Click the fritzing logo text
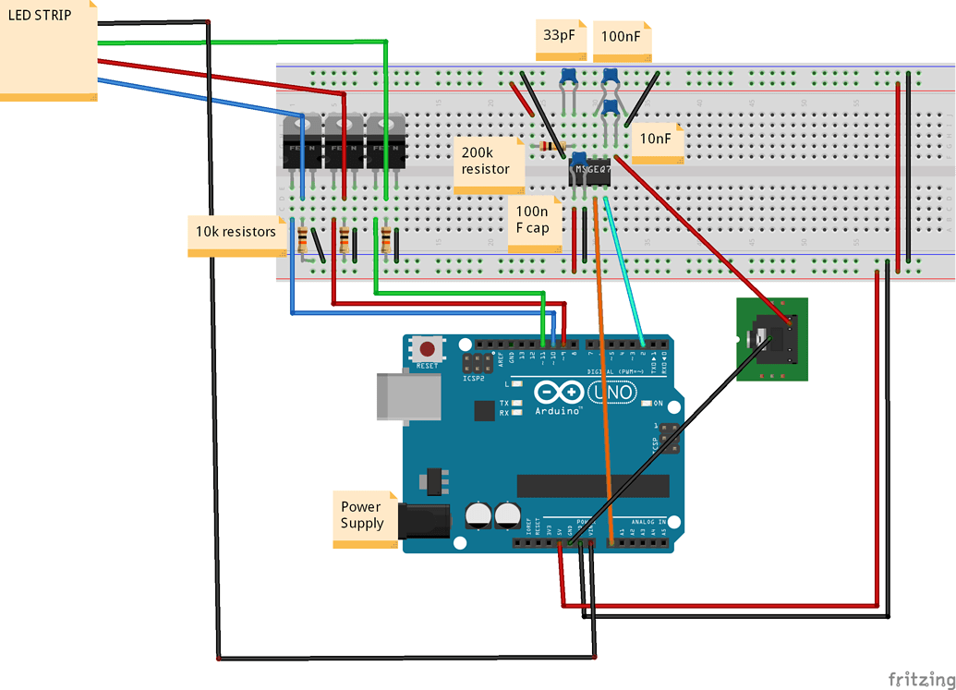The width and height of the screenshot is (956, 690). [920, 678]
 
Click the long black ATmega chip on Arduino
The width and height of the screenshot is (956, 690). [592, 486]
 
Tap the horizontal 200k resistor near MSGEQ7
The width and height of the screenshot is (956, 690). [552, 147]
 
